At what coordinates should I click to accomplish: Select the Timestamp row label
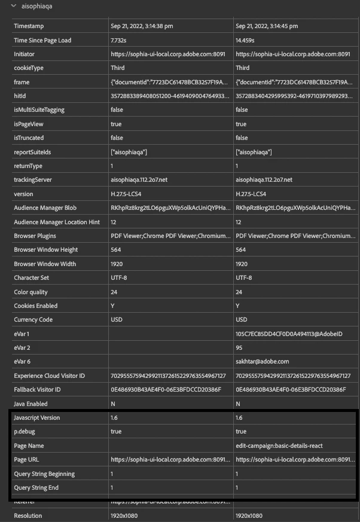29,26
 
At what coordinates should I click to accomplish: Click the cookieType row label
29,68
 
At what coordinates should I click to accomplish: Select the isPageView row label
29,124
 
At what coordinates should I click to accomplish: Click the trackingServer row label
33,180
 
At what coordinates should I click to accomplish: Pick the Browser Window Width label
45,264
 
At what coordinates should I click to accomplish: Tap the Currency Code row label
33,320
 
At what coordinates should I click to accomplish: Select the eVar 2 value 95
239,347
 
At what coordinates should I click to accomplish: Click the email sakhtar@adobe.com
262,362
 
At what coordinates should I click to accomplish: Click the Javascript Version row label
37,418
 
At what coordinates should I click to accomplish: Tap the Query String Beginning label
45,474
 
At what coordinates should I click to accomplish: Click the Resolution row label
29,515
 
